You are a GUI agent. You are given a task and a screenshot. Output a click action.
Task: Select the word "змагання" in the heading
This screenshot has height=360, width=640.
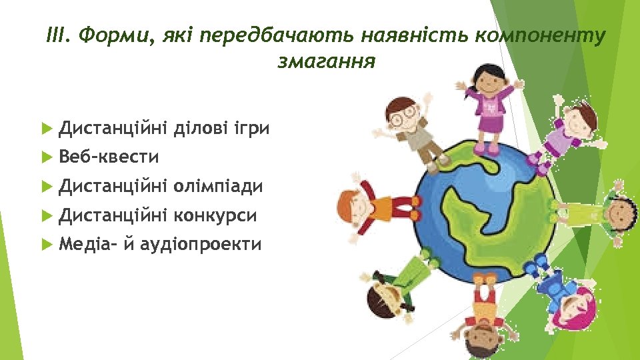pyautogui.click(x=325, y=62)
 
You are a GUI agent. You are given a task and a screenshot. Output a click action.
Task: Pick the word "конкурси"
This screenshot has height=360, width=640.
pyautogui.click(x=215, y=215)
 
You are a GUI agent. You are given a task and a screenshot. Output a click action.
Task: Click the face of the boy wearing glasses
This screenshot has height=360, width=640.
pyautogui.click(x=403, y=114)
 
